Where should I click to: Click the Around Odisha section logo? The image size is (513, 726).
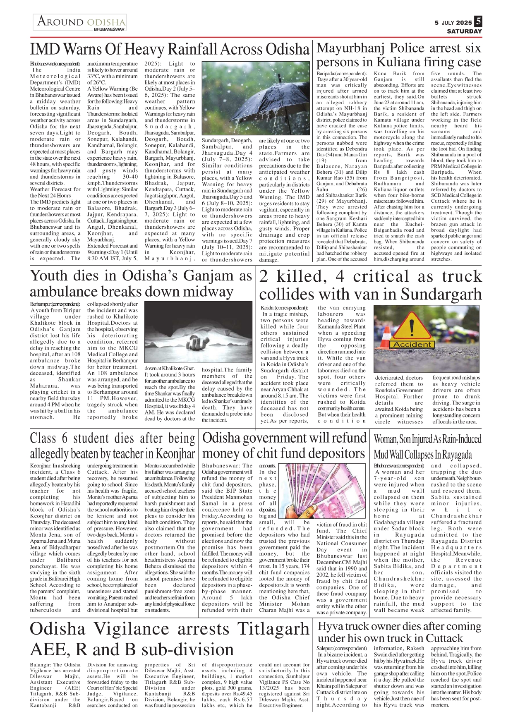coord(80,22)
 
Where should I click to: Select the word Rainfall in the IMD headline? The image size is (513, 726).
coord(183,50)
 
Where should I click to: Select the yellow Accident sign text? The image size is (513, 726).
coord(412,344)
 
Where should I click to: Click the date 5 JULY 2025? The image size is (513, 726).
coord(453,23)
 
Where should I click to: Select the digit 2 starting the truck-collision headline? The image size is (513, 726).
coord(264,277)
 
